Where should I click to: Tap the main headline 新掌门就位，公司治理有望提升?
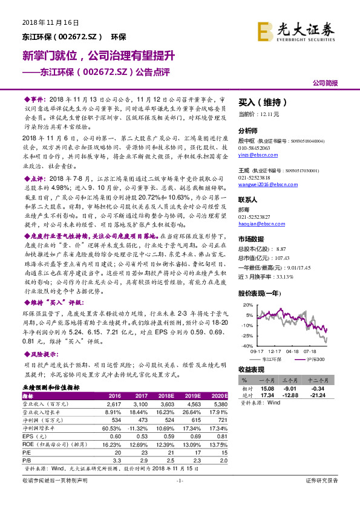click(x=99, y=56)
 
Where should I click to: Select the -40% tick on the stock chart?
click(x=249, y=346)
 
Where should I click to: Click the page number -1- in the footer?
click(x=179, y=498)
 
